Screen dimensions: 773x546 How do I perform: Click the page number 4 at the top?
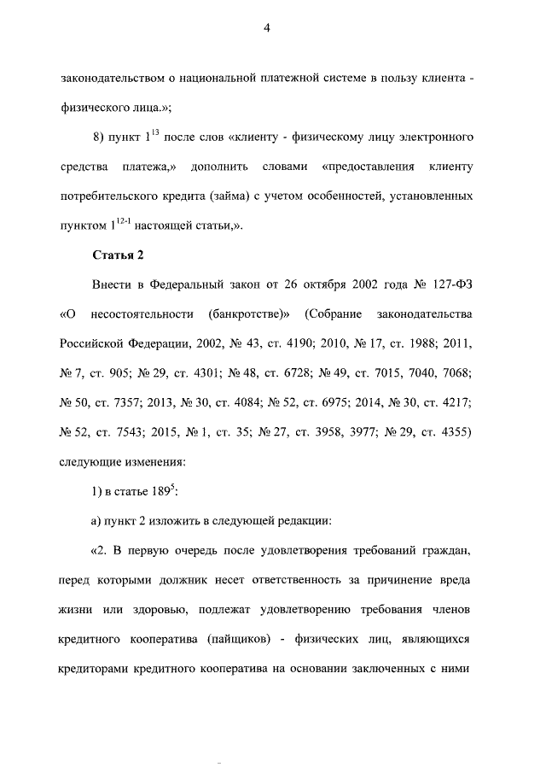tap(266, 28)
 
